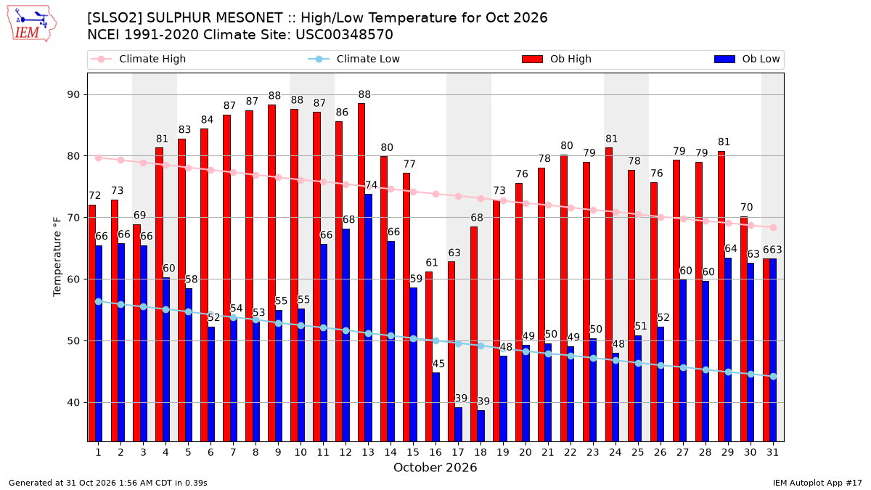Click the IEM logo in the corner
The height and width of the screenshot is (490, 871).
click(31, 24)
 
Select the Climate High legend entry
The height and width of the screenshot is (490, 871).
click(138, 59)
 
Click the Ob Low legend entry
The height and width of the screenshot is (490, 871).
click(747, 59)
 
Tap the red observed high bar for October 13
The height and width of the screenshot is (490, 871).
click(361, 272)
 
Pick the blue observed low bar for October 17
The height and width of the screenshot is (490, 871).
click(459, 424)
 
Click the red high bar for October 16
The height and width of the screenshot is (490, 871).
click(429, 356)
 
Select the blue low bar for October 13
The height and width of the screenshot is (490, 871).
click(368, 318)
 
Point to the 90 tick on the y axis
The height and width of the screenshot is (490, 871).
click(73, 95)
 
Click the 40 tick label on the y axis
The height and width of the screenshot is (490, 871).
click(73, 402)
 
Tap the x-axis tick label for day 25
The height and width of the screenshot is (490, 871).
click(638, 453)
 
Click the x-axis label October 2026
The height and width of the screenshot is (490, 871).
click(435, 467)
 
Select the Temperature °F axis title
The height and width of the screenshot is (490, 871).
click(57, 257)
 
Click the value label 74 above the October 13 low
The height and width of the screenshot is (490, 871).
click(371, 185)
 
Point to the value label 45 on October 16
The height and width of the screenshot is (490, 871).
click(438, 364)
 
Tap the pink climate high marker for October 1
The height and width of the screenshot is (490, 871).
click(99, 158)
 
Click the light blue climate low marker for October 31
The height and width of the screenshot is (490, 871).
click(774, 377)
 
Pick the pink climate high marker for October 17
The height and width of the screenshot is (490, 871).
click(459, 197)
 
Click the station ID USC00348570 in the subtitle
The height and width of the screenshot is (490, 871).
click(344, 35)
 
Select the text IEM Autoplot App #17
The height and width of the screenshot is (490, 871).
click(817, 483)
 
